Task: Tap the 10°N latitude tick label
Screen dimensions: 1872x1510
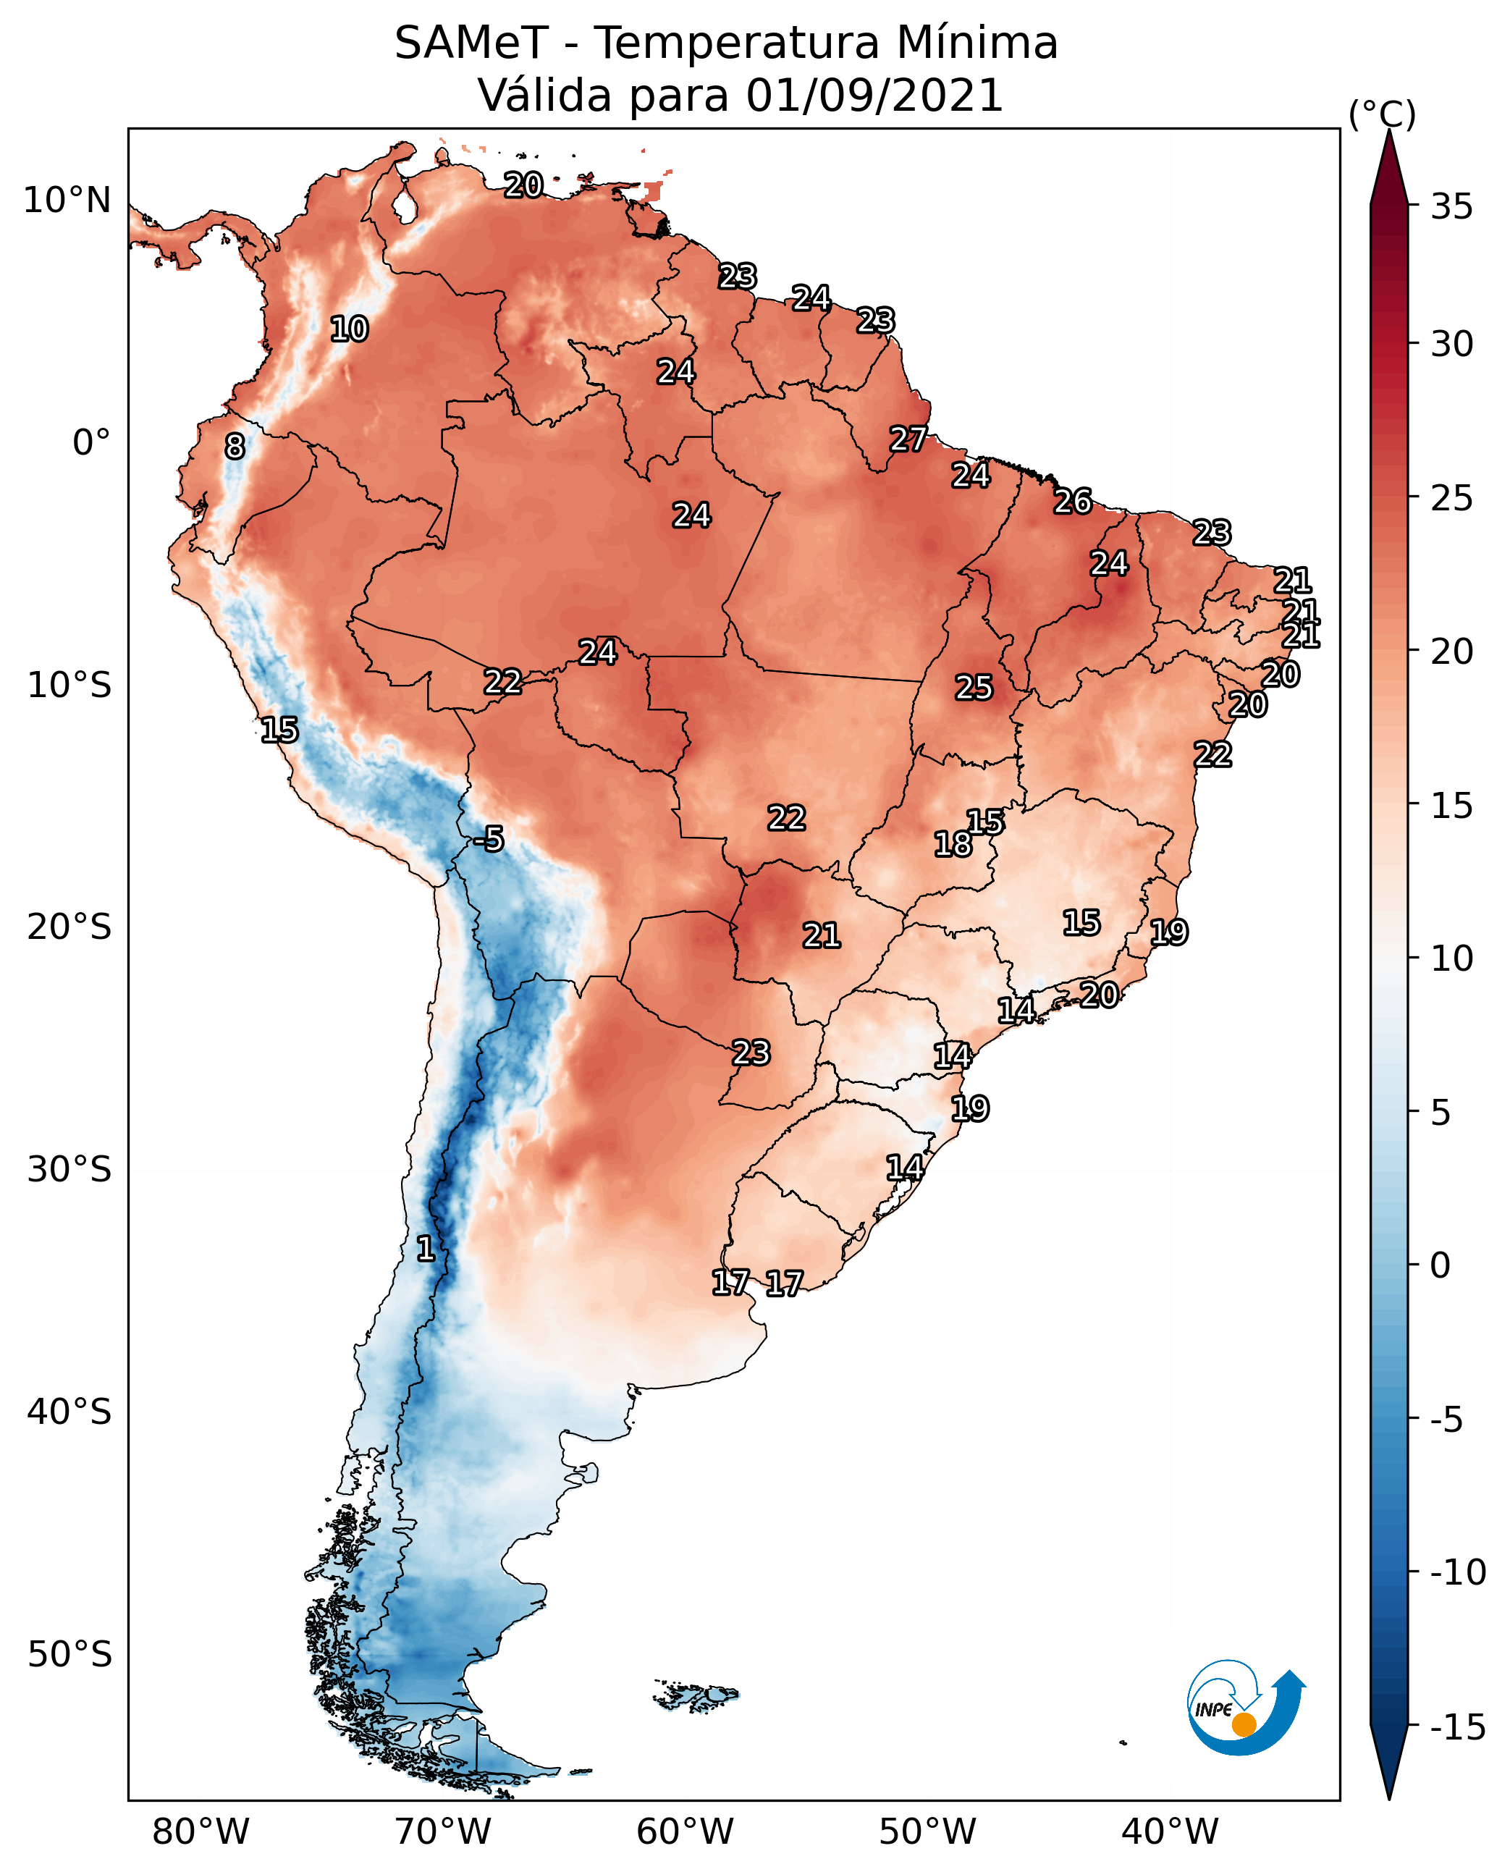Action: click(67, 201)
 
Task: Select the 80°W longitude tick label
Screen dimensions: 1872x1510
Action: click(201, 1832)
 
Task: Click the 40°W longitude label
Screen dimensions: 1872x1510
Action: click(1170, 1832)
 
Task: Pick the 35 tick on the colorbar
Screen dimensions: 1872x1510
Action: click(1451, 207)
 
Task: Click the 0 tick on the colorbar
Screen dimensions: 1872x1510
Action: click(1441, 1265)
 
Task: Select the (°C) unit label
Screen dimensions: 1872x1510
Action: click(1382, 114)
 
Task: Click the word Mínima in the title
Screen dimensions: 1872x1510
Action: click(978, 43)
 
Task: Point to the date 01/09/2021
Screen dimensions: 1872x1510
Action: click(875, 95)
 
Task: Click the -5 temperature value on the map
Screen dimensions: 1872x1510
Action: click(489, 840)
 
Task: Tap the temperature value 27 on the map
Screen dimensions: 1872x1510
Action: click(908, 439)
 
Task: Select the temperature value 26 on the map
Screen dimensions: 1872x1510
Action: click(1073, 502)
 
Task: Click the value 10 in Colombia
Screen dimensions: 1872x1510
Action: click(349, 329)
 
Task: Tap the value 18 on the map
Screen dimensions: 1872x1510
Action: click(953, 844)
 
